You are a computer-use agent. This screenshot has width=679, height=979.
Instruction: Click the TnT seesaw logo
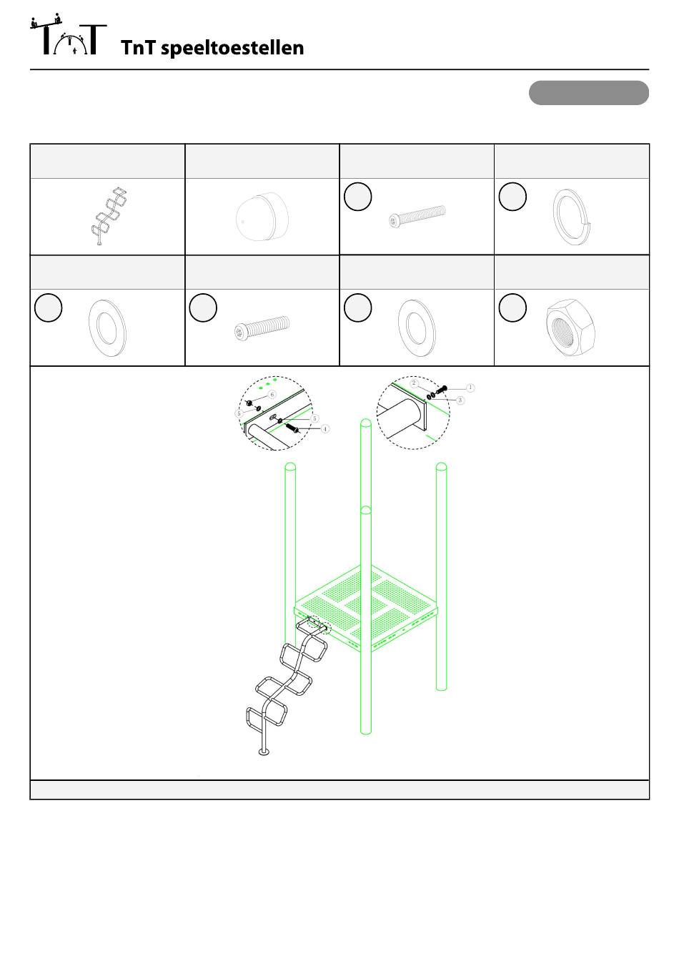pyautogui.click(x=69, y=34)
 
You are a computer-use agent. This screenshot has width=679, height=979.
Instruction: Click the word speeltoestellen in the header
pyautogui.click(x=232, y=48)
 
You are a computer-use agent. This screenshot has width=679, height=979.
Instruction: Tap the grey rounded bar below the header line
pyautogui.click(x=588, y=93)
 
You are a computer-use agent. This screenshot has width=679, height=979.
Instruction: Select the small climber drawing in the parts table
pyautogui.click(x=109, y=216)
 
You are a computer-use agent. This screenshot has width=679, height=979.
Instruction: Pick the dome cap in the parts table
pyautogui.click(x=262, y=217)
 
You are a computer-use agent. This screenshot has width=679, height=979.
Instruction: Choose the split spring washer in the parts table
pyautogui.click(x=572, y=217)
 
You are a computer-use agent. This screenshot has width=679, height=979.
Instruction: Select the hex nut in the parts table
pyautogui.click(x=570, y=328)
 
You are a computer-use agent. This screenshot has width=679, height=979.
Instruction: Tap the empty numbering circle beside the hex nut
pyautogui.click(x=512, y=308)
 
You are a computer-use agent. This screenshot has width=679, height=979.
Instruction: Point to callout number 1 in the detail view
pyautogui.click(x=470, y=388)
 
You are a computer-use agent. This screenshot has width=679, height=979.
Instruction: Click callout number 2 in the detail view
pyautogui.click(x=415, y=383)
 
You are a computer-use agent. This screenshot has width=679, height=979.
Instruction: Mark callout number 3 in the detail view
pyautogui.click(x=460, y=400)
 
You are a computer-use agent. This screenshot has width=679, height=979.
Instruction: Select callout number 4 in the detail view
pyautogui.click(x=325, y=429)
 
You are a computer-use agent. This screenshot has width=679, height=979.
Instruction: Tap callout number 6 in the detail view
pyautogui.click(x=272, y=395)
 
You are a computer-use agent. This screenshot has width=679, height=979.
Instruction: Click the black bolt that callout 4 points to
pyautogui.click(x=292, y=427)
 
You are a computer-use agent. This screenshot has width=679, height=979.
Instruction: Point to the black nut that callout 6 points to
pyautogui.click(x=249, y=403)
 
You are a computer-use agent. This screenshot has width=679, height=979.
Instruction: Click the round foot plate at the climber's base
pyautogui.click(x=264, y=752)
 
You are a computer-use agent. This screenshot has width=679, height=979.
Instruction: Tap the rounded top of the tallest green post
pyautogui.click(x=366, y=423)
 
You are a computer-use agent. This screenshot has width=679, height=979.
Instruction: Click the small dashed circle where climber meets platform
pyautogui.click(x=319, y=626)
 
